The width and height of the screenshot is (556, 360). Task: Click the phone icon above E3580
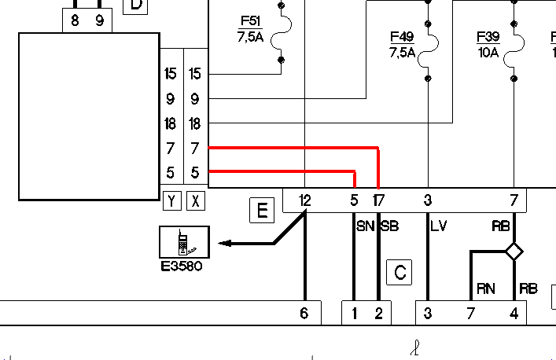coord(184,242)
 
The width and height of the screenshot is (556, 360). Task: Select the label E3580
coord(182,266)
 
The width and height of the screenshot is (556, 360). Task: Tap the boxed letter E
coord(262,211)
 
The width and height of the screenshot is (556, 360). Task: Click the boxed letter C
coord(400,273)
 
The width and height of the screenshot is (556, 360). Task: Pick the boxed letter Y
coord(172,201)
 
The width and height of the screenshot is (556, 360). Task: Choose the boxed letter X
coord(195,201)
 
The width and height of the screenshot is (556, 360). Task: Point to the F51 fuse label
coord(250,29)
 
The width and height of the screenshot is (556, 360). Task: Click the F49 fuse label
coord(402,44)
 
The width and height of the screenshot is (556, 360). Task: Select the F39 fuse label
coord(488,44)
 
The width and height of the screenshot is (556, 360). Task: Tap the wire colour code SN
coord(365,226)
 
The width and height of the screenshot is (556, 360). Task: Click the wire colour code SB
coord(390,226)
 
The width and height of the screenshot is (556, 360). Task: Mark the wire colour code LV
coord(439,226)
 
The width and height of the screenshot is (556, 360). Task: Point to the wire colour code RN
coord(486,288)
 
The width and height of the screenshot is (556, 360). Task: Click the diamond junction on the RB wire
coord(514,252)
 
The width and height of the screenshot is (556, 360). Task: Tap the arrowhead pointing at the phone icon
coord(225,244)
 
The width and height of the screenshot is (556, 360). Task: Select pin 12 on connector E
coord(305,200)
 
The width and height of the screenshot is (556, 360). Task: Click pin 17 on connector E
coord(378,200)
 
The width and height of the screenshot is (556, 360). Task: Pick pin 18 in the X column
coord(195,124)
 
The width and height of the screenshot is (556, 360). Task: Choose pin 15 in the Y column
coord(170,74)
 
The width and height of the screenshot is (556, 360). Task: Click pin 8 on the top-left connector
coord(75,21)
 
